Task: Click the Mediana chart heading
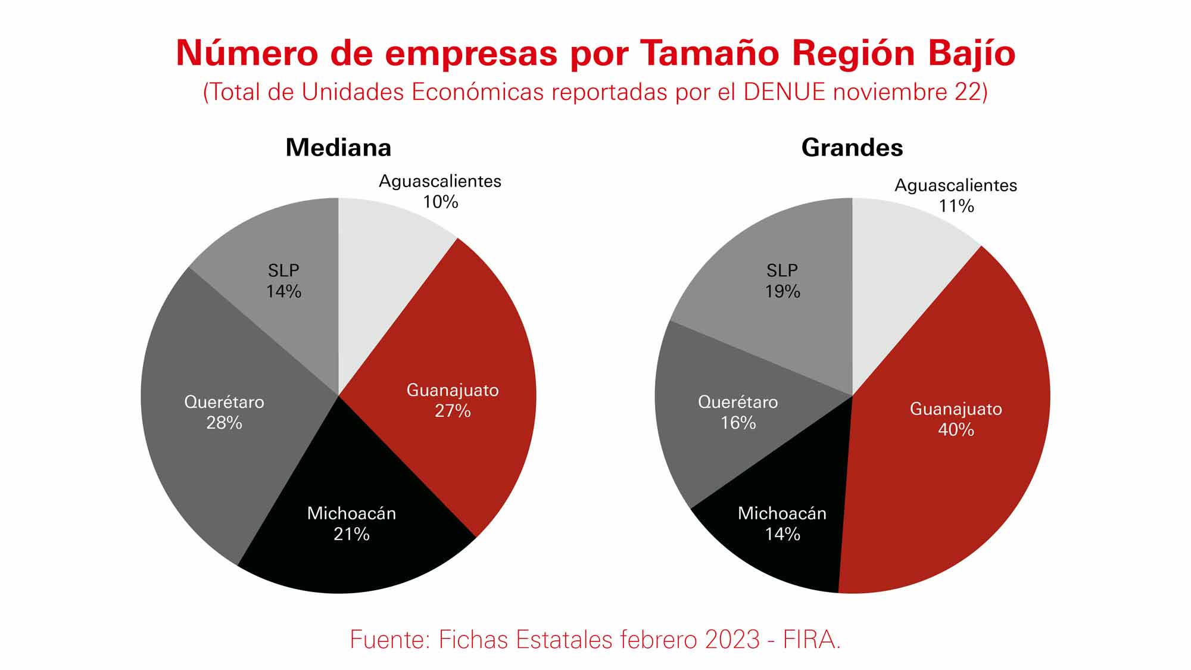pyautogui.click(x=338, y=148)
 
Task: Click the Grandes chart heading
pyautogui.click(x=852, y=148)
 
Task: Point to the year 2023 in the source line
pyautogui.click(x=732, y=640)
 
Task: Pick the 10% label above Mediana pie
pyautogui.click(x=441, y=202)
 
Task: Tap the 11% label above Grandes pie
pyautogui.click(x=956, y=207)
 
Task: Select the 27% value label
pyautogui.click(x=453, y=411)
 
